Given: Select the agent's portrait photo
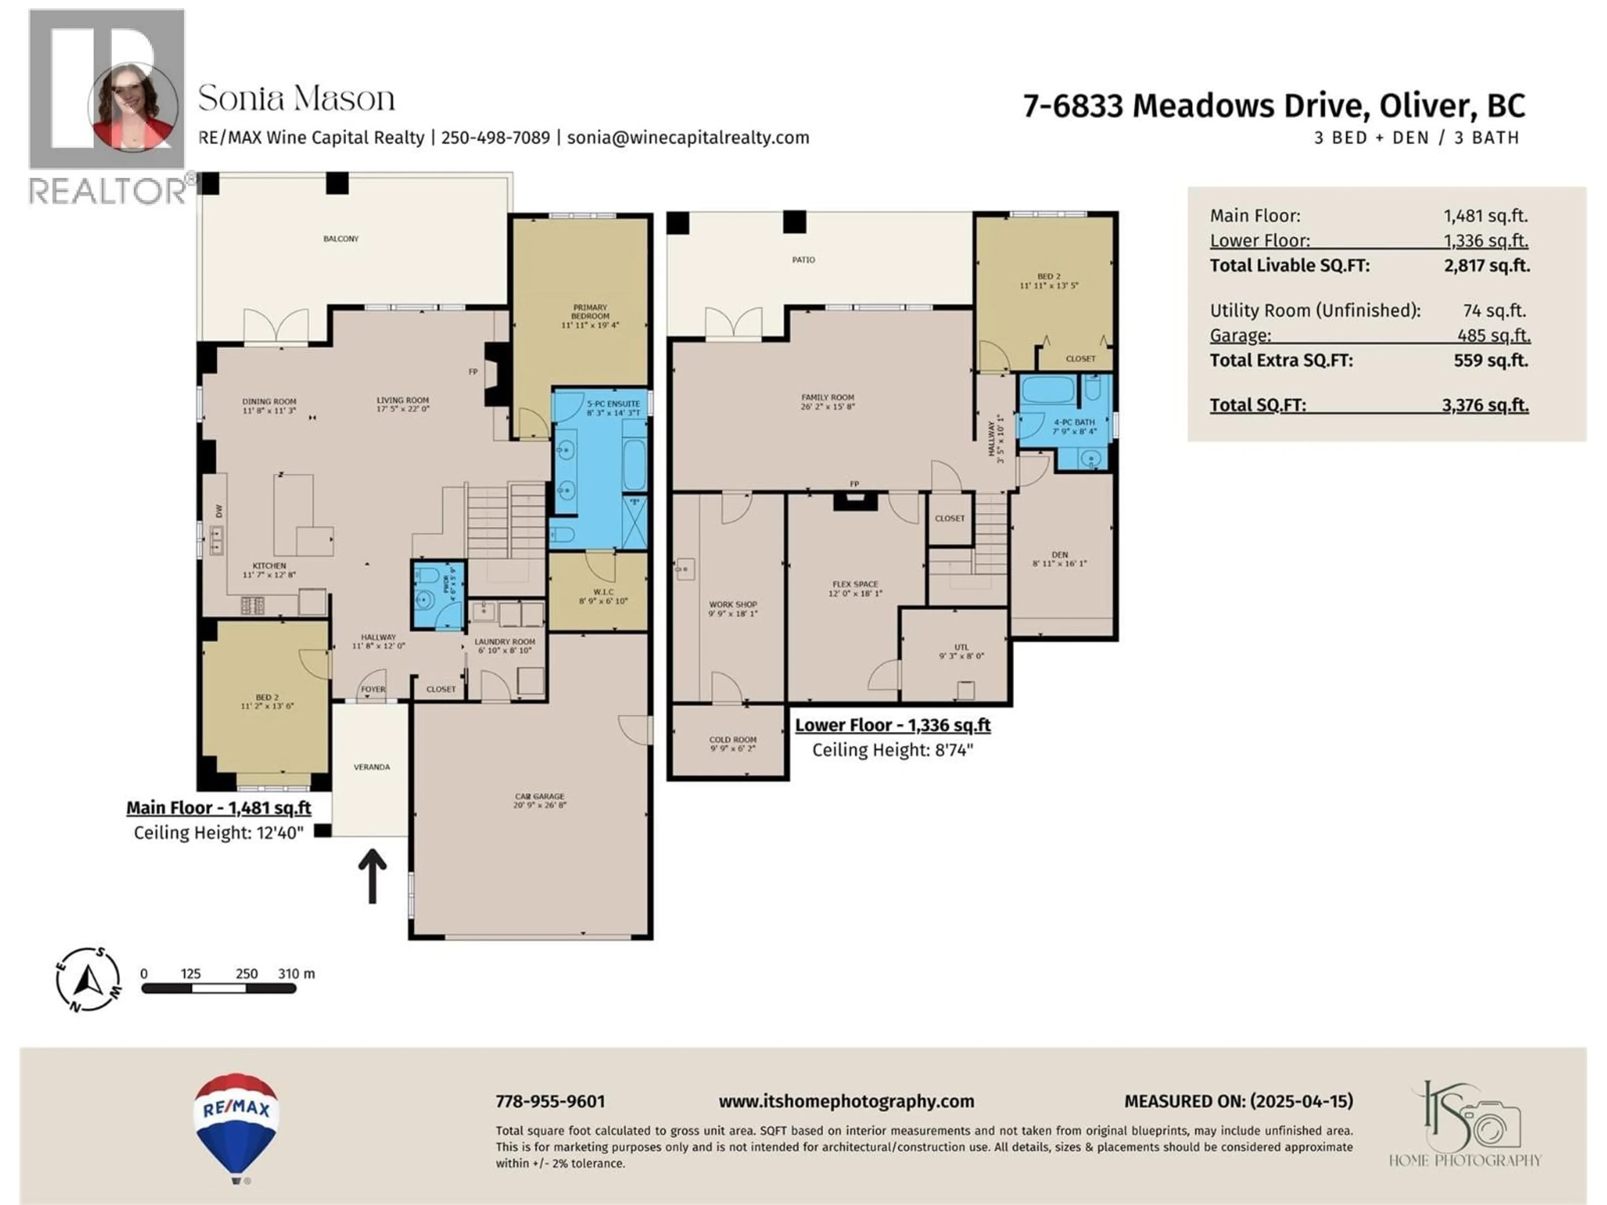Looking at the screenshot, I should (x=133, y=106).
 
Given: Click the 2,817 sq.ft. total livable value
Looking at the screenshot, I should (x=1486, y=266).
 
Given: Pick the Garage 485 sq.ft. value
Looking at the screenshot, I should (x=1493, y=336).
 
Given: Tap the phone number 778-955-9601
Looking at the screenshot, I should (x=550, y=1101).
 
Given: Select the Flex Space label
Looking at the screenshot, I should (x=855, y=584).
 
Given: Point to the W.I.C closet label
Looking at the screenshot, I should (x=603, y=592).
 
